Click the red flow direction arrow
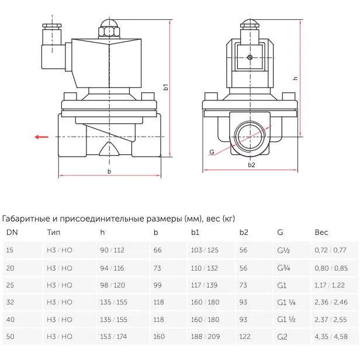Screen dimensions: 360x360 coord(41,137)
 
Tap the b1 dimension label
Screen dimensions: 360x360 coord(166,88)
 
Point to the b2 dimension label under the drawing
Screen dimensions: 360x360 coord(251,165)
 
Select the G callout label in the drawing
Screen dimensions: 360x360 coord(211,152)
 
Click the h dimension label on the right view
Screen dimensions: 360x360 coord(295,78)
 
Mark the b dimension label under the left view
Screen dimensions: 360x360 coord(109,171)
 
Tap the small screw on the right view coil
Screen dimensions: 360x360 coord(251,57)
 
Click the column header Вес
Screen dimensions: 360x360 coord(321,233)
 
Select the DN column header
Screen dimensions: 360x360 coord(12,233)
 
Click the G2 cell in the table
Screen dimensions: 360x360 coord(282,337)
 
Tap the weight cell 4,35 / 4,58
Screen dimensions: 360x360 coord(331,337)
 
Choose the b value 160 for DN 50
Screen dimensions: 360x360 coord(159,337)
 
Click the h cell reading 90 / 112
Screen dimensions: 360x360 coord(112,250)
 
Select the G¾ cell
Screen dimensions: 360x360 coord(283,268)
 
